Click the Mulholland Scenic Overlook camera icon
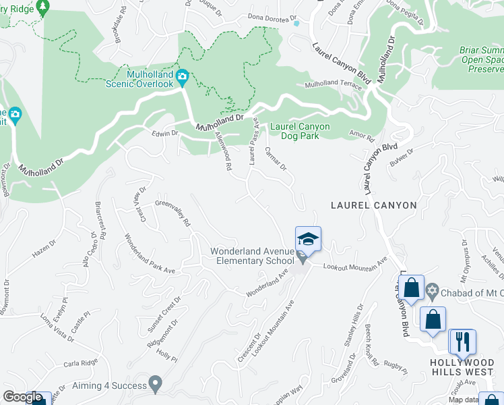[x=182, y=79]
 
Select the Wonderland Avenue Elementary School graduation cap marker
[x=308, y=239]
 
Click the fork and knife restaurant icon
[x=462, y=341]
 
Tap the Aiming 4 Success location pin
[x=156, y=385]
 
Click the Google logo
[x=22, y=397]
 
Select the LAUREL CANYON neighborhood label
[x=374, y=205]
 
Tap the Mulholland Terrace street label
[x=333, y=84]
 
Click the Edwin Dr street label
[x=164, y=134]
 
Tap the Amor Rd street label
[x=362, y=136]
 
